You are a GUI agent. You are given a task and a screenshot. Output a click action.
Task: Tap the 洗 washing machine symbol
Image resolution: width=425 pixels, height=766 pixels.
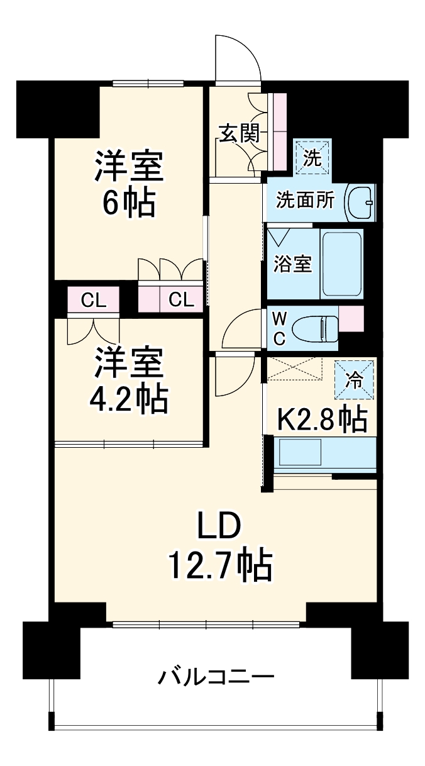pos(312,158)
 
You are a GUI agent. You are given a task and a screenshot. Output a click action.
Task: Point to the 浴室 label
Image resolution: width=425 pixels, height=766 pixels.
pos(292,264)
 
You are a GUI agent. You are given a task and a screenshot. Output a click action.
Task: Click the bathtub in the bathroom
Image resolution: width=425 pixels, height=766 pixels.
pos(342,264)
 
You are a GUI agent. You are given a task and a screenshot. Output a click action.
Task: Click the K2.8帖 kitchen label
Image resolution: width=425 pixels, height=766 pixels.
pos(323,419)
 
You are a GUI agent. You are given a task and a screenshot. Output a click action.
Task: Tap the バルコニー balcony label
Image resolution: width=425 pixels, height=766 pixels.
pos(216,679)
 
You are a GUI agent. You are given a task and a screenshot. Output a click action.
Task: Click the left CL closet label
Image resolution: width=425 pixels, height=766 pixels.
pos(93,300)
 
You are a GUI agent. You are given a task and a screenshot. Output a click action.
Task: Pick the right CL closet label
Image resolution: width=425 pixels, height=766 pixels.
pos(180,300)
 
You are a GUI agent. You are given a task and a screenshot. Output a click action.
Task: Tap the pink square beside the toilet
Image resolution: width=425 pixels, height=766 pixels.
pos(351,318)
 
